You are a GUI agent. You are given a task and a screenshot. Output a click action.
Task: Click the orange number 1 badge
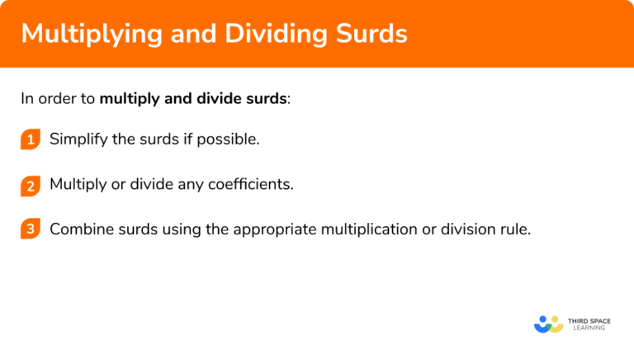[x=31, y=140]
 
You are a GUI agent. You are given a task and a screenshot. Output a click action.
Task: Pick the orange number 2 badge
[x=31, y=186]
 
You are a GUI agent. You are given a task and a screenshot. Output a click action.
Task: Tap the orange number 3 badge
[x=31, y=230]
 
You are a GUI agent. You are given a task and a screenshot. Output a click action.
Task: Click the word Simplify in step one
[x=78, y=140]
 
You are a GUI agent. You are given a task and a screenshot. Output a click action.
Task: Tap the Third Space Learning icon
[x=548, y=324]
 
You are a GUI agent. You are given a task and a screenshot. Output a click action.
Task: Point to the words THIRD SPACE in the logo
[x=593, y=319]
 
